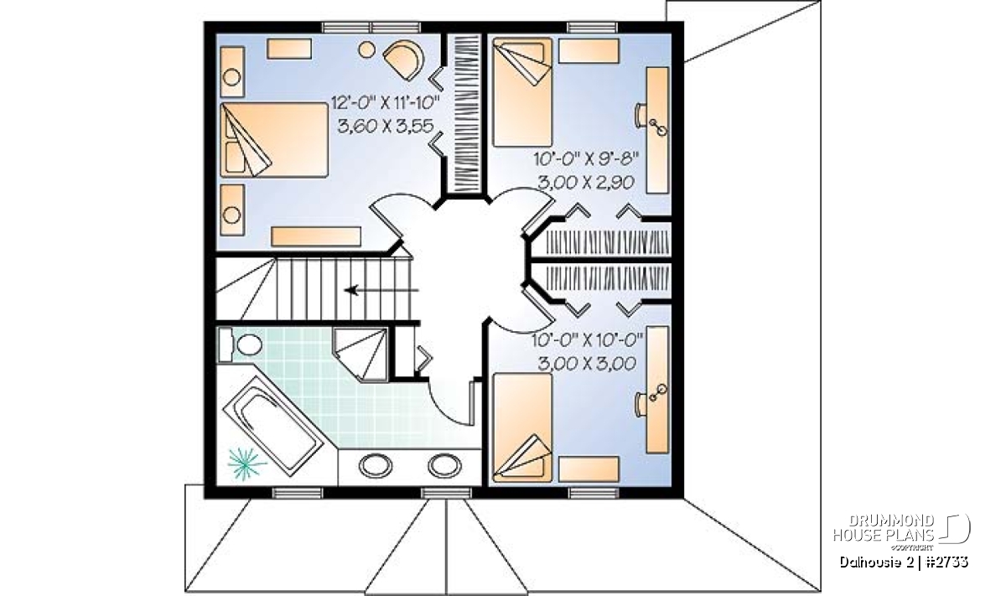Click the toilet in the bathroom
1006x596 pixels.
[241, 345]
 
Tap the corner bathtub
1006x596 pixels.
[273, 425]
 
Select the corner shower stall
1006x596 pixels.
[360, 355]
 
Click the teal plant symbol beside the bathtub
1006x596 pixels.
[245, 464]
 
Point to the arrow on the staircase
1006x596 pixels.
[381, 290]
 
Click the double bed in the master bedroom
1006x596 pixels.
[274, 140]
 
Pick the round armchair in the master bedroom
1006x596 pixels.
[404, 60]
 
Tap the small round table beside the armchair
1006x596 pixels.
[367, 49]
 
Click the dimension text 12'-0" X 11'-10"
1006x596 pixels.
[385, 103]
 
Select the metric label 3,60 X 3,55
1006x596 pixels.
[386, 127]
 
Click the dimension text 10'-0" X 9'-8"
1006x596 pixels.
[587, 158]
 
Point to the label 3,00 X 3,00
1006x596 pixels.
[587, 363]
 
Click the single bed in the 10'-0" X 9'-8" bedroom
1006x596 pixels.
[522, 92]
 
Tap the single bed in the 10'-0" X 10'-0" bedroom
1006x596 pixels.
[522, 428]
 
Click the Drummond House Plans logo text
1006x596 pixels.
[884, 528]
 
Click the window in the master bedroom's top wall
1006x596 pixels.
[372, 28]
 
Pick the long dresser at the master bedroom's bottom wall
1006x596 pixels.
[316, 236]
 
